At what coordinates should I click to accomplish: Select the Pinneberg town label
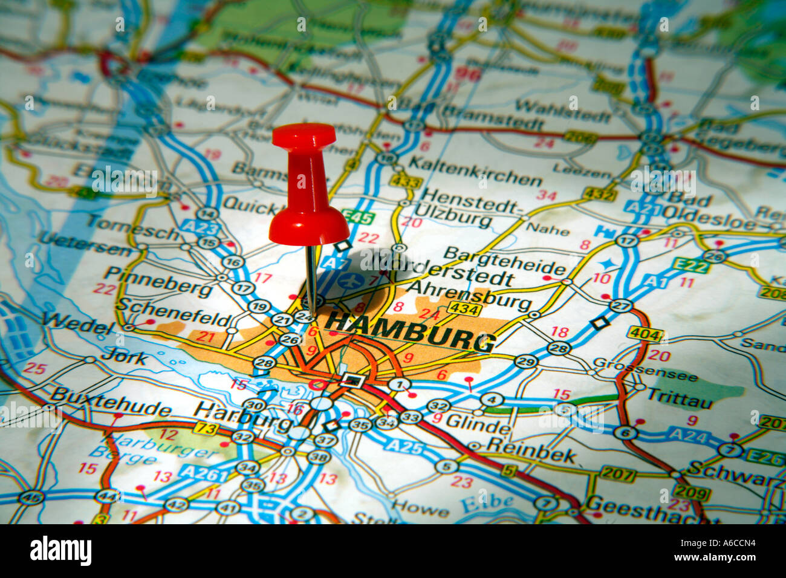158,282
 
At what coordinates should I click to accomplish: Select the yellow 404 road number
645,333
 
